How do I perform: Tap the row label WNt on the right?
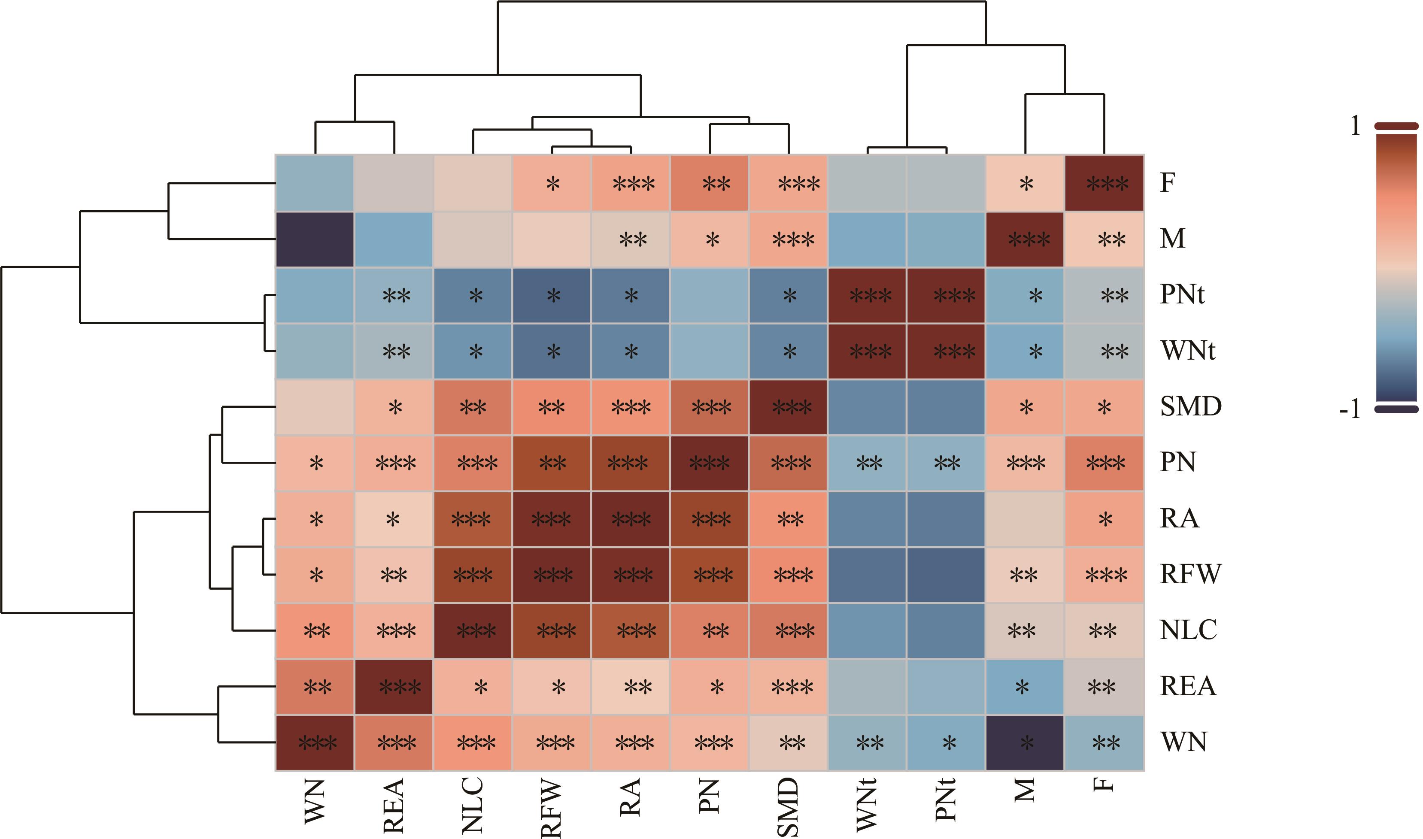tap(1187, 351)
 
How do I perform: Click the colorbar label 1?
tap(1355, 126)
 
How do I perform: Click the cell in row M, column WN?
tap(315, 239)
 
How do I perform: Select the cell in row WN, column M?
tap(1025, 743)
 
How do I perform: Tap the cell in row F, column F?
tap(1104, 183)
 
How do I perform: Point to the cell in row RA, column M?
tap(1025, 519)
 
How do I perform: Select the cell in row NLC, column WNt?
tap(867, 631)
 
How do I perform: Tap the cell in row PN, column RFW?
tap(552, 463)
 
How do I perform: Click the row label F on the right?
tap(1168, 183)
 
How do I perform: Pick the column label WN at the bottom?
tap(315, 800)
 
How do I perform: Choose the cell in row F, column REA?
tap(394, 183)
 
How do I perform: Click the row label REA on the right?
tap(1188, 686)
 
